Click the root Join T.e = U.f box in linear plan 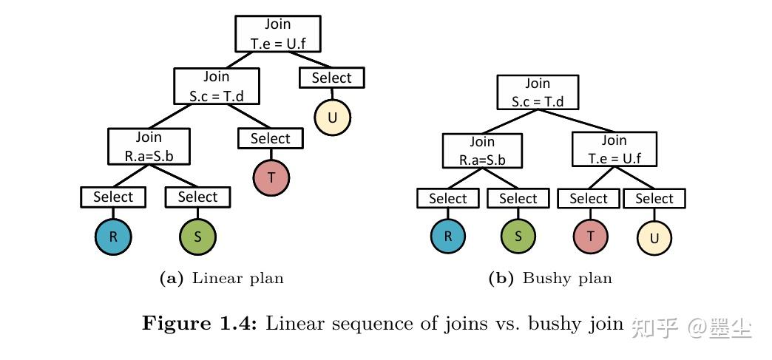278,34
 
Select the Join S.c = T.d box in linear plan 216,86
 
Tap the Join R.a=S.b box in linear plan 148,146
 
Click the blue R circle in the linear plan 113,237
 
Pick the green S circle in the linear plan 198,237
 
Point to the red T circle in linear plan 271,177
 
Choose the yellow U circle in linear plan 332,116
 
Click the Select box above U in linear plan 331,78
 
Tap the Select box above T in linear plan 270,138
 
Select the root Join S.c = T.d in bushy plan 538,92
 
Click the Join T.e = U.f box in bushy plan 614,149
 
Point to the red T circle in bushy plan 590,237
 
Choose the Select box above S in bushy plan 518,199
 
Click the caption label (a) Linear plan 222,279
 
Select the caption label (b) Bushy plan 550,279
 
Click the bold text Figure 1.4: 199,324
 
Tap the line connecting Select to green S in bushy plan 518,213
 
